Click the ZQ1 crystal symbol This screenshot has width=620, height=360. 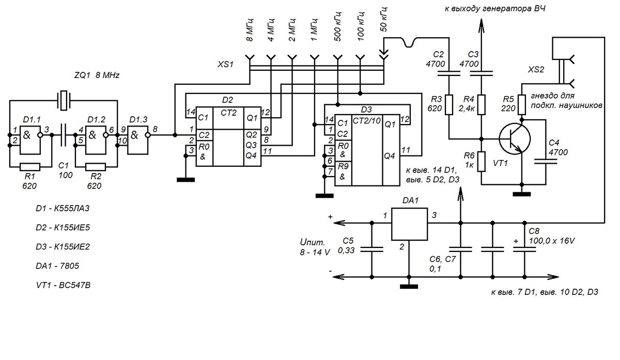tap(64, 100)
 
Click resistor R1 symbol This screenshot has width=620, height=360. tap(30, 167)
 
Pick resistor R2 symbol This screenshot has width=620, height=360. tap(96, 167)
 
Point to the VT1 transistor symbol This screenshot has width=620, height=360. tap(515, 139)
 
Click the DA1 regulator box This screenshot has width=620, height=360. tap(409, 224)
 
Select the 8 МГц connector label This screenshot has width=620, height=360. tap(250, 30)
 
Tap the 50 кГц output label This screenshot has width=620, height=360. tap(384, 20)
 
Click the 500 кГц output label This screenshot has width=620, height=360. tap(338, 26)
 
